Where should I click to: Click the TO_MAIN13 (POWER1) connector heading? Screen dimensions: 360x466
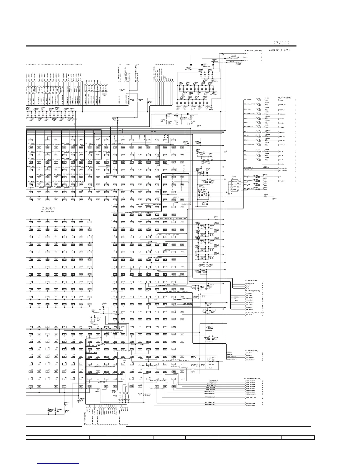click(254, 51)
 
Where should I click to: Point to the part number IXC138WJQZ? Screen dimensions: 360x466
click(48, 211)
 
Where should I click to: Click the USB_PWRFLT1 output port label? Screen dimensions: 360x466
click(250, 360)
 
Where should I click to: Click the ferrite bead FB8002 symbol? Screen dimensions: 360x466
click(234, 55)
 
